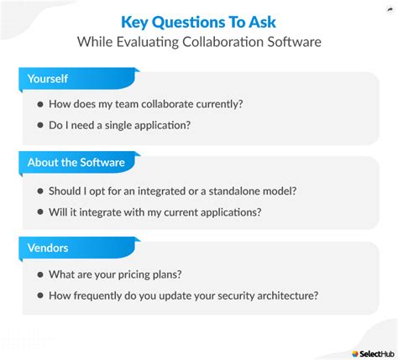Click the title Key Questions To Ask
point(198,21)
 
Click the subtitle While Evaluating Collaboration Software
point(198,41)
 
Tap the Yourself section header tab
point(48,79)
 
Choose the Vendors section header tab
point(48,248)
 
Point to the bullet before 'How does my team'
point(41,105)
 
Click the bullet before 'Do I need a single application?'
point(41,127)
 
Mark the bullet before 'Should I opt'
point(41,190)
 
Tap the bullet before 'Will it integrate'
point(41,212)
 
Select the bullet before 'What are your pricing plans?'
point(41,275)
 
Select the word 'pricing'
point(147,275)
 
